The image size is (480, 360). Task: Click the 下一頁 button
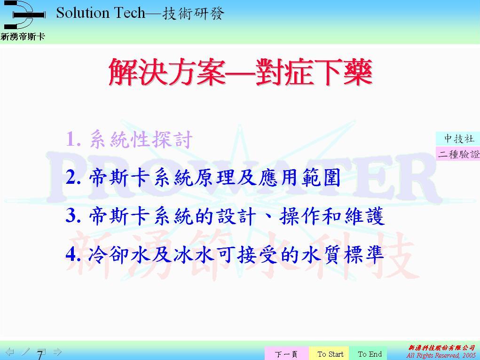[286, 353]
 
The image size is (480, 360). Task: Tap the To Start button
[330, 353]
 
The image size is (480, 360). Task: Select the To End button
[370, 353]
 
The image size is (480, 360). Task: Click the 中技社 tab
[458, 139]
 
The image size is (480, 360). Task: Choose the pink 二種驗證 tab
[458, 154]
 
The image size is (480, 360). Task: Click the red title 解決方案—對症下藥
[240, 72]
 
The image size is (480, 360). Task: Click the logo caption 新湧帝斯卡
[23, 37]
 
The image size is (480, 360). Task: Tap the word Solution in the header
[83, 13]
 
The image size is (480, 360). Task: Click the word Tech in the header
[129, 13]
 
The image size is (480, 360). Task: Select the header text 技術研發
[193, 14]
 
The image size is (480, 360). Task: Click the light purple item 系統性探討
[141, 139]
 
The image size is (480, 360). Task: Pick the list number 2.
[73, 177]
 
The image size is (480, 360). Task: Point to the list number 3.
[73, 216]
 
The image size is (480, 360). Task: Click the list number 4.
[73, 254]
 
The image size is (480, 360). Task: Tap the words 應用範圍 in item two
[299, 178]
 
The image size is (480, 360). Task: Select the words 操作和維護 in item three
[331, 216]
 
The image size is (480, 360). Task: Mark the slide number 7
[40, 355]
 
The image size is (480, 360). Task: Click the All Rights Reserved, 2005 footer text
[441, 355]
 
